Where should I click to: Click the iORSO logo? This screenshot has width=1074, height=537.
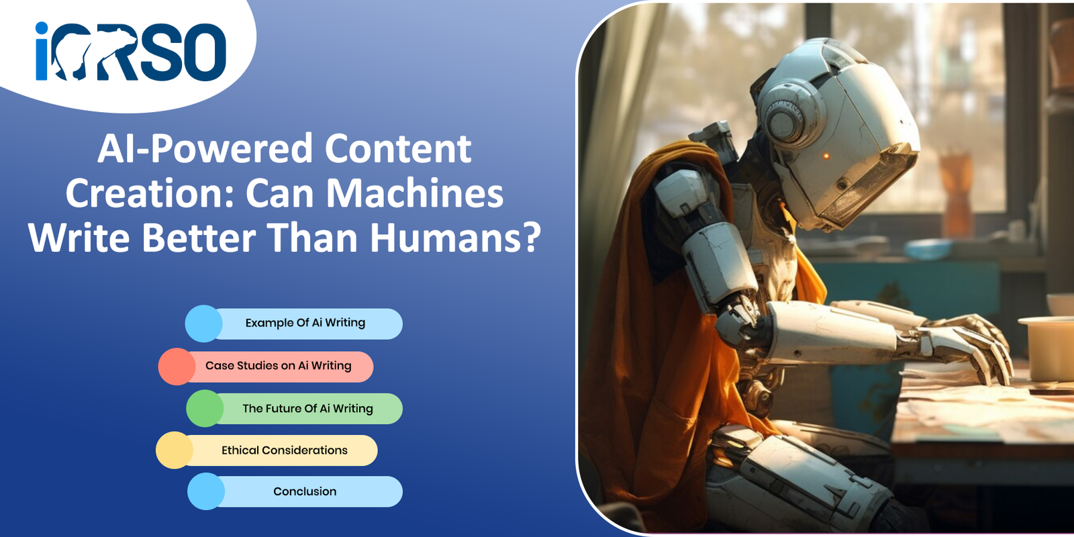[130, 51]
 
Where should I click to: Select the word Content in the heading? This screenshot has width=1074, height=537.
[399, 148]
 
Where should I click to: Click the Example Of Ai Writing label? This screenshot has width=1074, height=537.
[305, 323]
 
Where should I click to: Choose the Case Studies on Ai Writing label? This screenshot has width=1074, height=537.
[279, 365]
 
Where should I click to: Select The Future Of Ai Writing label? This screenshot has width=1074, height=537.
[308, 409]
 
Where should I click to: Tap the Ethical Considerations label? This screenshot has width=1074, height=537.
[285, 450]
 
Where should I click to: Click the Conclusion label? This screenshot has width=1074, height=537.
[305, 491]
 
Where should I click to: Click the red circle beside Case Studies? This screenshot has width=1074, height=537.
[177, 367]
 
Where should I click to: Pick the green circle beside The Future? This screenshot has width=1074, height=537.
[205, 409]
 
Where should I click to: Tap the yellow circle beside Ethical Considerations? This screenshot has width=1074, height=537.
[175, 450]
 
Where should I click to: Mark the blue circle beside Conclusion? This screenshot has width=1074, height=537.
[206, 491]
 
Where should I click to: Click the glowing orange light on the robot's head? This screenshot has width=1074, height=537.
[826, 156]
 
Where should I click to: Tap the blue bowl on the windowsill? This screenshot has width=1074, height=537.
[928, 249]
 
